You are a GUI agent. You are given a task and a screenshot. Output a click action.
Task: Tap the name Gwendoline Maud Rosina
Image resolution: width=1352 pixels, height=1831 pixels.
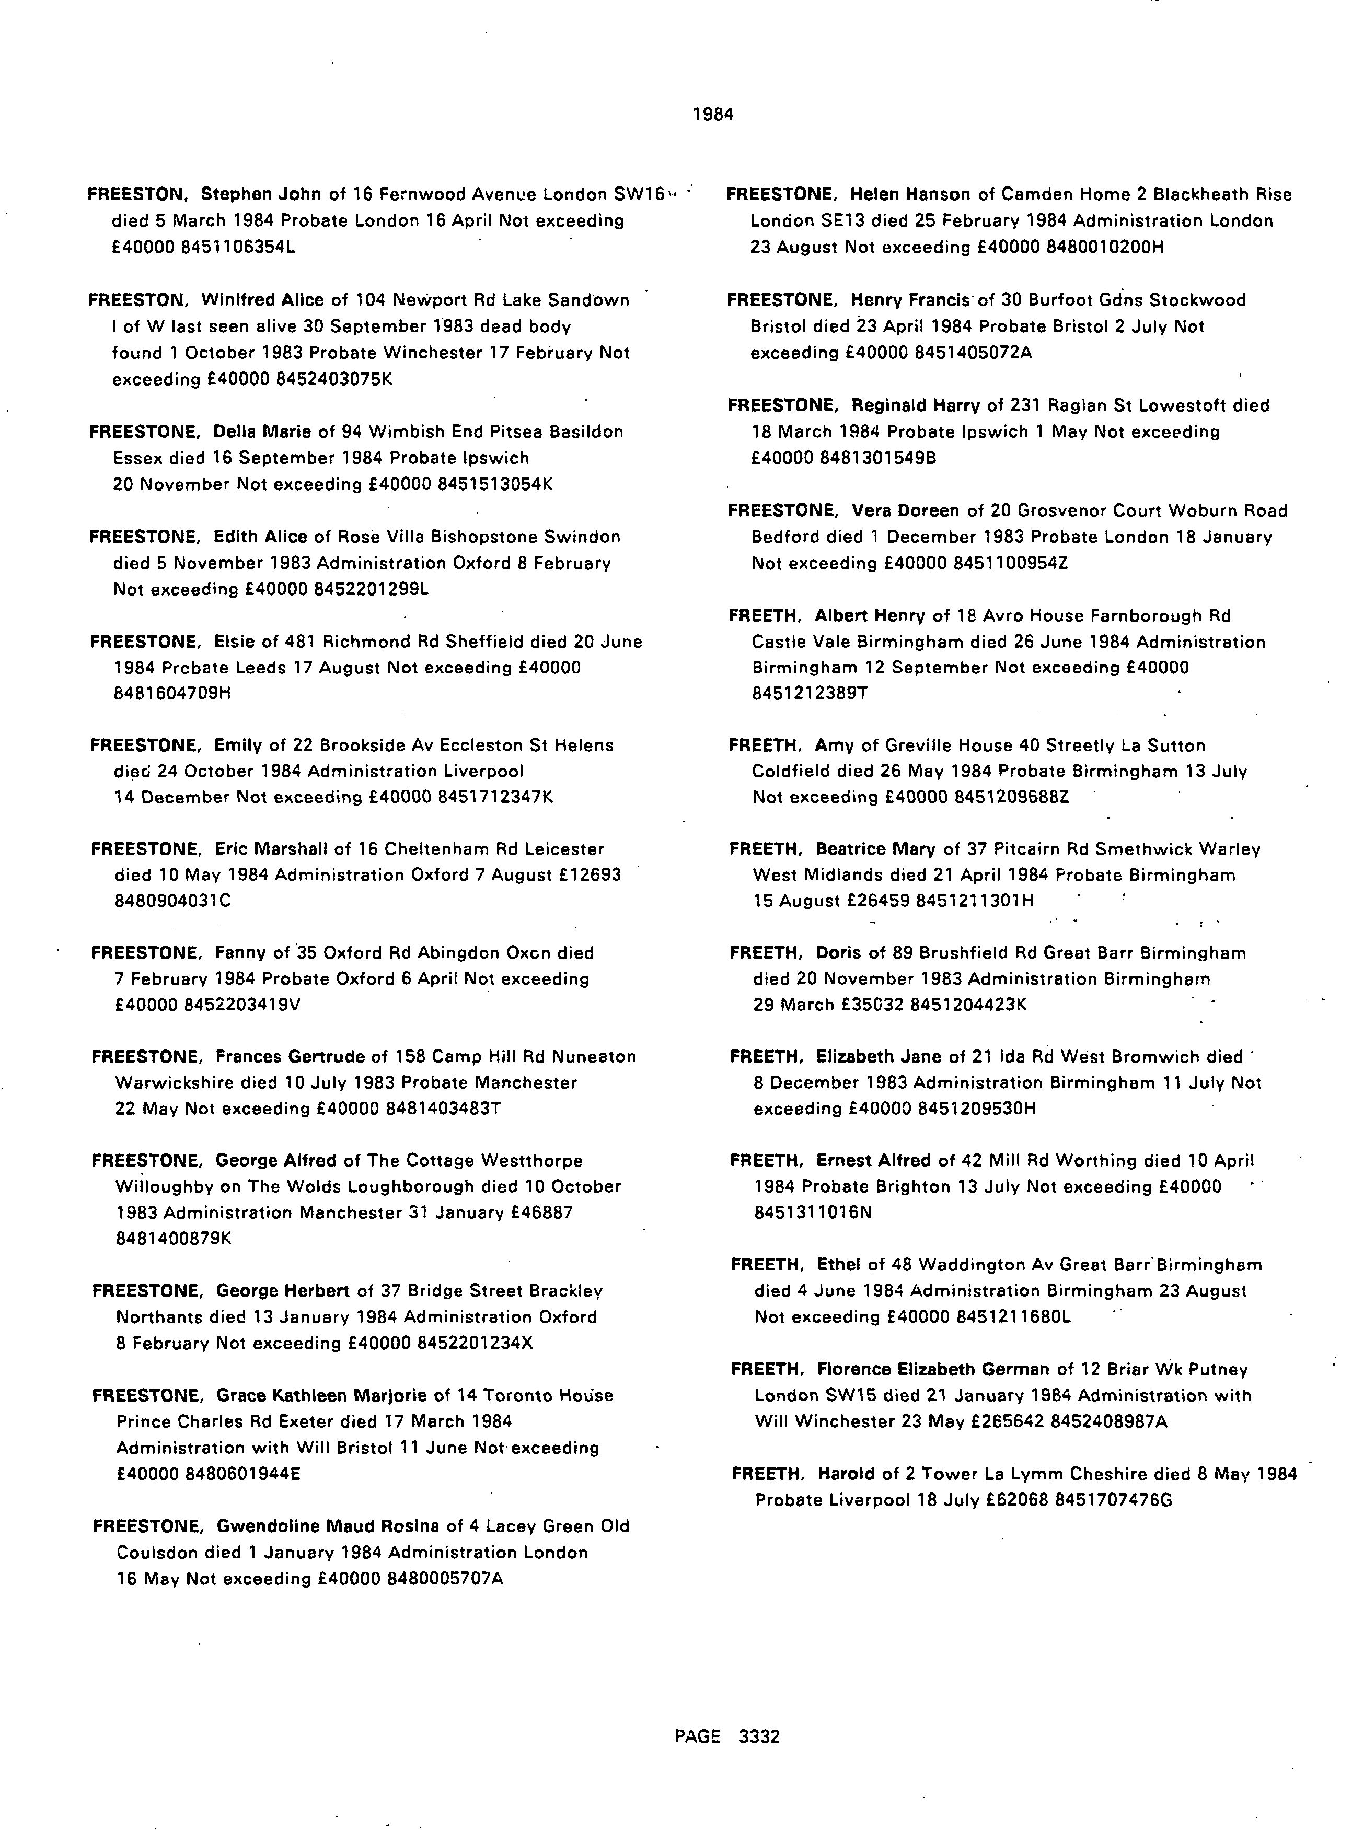[327, 1526]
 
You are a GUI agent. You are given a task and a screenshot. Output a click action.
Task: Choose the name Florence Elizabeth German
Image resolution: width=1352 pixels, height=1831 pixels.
[932, 1370]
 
